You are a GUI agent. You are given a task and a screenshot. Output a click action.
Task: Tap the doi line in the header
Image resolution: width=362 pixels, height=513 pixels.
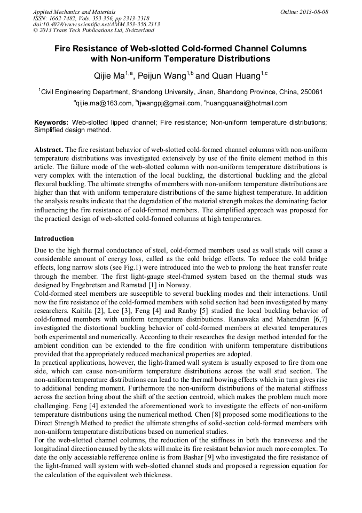coord(96,25)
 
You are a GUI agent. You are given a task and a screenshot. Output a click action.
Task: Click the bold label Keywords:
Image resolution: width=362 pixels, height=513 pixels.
coord(51,122)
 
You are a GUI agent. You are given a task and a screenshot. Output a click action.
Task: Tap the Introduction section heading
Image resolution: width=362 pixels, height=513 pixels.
coord(54,238)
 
